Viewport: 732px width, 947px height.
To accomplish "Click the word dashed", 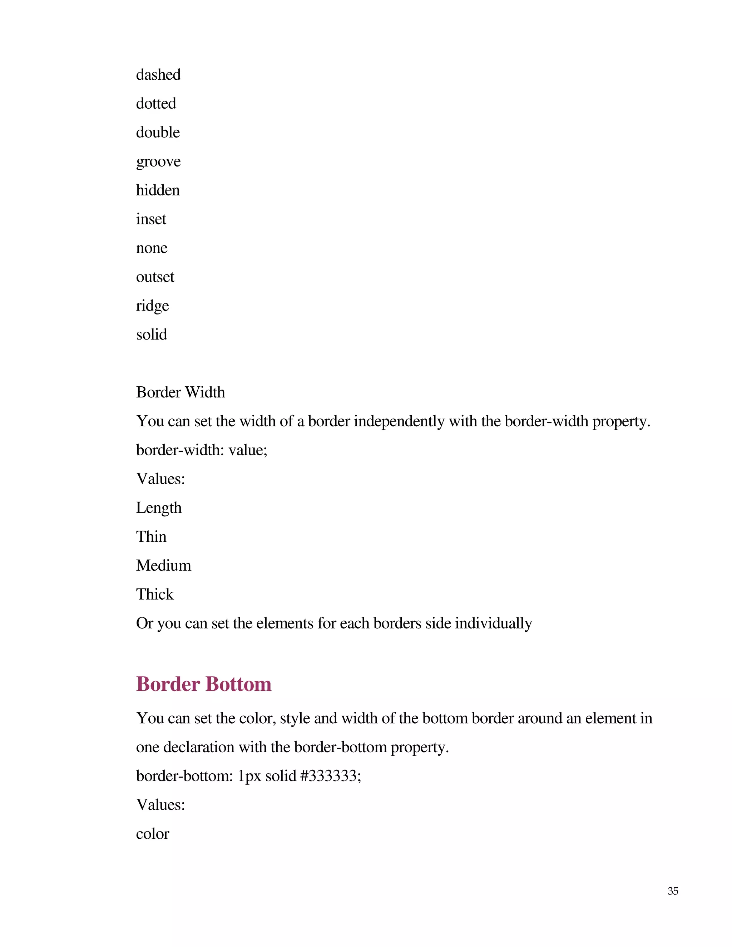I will (158, 75).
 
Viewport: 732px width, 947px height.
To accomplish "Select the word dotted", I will (156, 104).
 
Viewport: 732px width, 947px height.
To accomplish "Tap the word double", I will (158, 132).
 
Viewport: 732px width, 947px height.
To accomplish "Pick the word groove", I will (158, 162).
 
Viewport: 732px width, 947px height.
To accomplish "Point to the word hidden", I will (158, 190).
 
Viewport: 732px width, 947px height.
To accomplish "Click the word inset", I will (151, 219).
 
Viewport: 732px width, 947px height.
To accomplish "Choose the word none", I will (151, 248).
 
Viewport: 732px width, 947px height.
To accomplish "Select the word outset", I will (155, 277).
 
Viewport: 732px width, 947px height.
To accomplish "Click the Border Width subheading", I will (180, 392).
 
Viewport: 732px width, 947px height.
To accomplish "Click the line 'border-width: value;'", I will (202, 450).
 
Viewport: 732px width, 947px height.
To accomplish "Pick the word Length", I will (159, 508).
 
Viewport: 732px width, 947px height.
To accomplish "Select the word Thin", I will (151, 537).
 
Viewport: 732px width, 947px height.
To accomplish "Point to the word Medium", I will (163, 565).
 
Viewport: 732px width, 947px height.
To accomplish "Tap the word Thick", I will (155, 595).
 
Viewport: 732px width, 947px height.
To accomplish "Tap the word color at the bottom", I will (152, 834).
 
